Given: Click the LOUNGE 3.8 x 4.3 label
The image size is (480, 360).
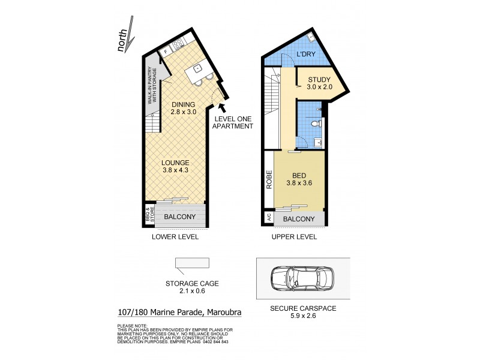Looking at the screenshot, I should pyautogui.click(x=175, y=166).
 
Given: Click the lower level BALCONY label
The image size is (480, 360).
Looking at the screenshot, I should pyautogui.click(x=179, y=217).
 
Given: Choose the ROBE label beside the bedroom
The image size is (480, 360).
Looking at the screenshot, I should pyautogui.click(x=269, y=181).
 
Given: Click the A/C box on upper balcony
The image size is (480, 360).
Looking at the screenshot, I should pyautogui.click(x=269, y=219).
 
